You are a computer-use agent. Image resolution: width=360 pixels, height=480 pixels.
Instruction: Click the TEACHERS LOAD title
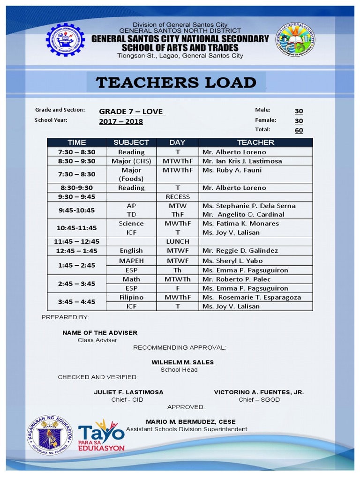176,82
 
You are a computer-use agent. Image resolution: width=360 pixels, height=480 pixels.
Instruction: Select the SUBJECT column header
131,142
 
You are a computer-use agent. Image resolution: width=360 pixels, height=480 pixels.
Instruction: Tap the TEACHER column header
255,142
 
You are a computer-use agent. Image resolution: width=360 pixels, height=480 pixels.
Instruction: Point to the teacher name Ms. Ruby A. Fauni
232,170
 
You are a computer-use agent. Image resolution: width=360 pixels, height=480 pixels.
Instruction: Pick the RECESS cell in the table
178,197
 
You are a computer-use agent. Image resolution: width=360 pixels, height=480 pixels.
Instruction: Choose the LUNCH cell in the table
178,241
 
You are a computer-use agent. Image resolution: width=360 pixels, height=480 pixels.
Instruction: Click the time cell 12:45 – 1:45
76,251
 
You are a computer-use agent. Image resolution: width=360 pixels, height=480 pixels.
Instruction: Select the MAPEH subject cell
131,261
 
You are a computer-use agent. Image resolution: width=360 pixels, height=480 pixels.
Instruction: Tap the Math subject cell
131,279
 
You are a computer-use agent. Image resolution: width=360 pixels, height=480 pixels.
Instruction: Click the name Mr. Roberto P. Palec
236,279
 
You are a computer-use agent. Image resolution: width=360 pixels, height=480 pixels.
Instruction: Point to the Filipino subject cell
131,297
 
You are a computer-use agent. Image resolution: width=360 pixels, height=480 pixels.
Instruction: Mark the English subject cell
131,251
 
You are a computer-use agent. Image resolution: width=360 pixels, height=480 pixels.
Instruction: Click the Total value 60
299,130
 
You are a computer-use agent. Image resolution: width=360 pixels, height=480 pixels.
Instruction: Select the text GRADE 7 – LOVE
131,112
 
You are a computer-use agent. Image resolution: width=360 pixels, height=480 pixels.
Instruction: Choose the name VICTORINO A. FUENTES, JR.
259,392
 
